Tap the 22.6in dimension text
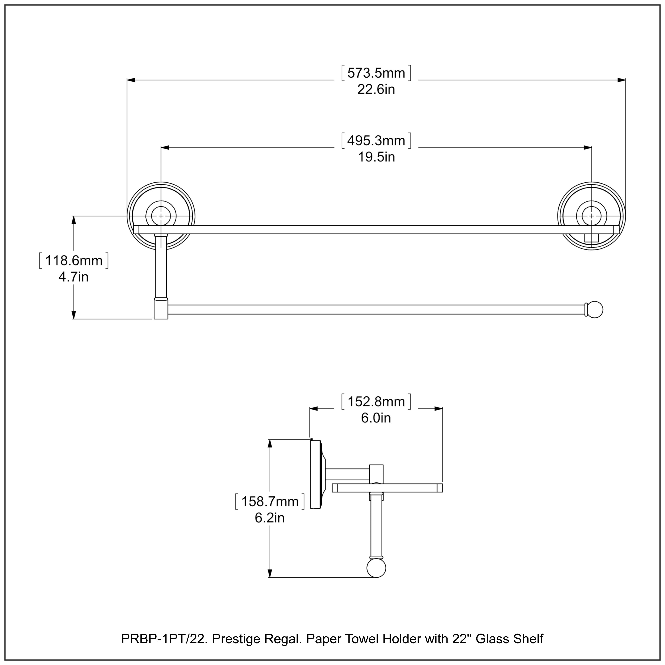[x=376, y=90]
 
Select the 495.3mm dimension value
[x=376, y=141]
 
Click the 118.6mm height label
[x=74, y=260]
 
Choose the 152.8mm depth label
[x=376, y=402]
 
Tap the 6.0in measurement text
[x=376, y=418]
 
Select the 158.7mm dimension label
[x=270, y=501]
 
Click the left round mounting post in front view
[x=161, y=216]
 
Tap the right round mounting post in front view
[x=591, y=216]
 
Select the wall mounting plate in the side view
[x=315, y=474]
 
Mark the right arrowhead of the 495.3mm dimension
[x=588, y=148]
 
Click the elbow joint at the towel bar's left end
[x=160, y=309]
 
